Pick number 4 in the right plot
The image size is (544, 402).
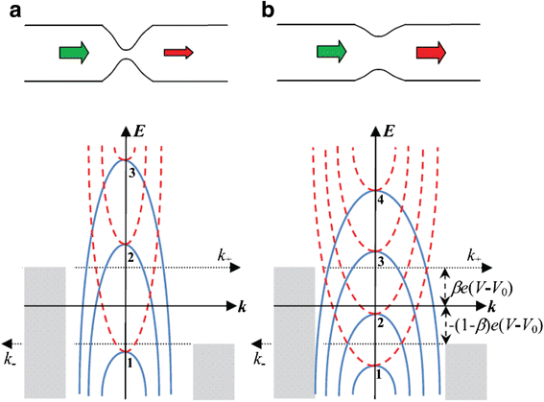tap(385, 200)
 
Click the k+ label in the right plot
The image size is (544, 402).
tap(474, 256)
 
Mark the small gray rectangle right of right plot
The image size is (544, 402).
tap(466, 370)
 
